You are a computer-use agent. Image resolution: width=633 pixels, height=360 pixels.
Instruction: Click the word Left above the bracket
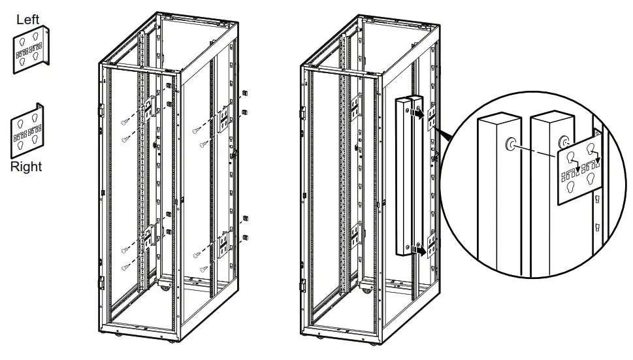point(28,20)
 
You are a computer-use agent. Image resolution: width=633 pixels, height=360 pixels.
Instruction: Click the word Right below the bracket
point(26,167)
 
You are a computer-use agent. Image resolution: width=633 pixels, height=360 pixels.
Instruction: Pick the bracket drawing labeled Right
point(27,131)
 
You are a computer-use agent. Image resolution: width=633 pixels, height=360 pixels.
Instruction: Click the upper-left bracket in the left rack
point(151,108)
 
